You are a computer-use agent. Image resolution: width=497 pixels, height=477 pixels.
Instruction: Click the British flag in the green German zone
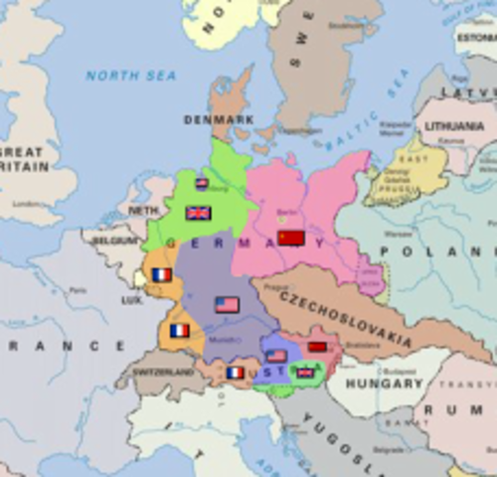coord(199,213)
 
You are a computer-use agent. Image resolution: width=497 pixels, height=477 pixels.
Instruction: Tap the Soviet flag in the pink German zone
coord(290,238)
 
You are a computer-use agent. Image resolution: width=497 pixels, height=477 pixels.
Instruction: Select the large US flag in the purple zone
coord(227,304)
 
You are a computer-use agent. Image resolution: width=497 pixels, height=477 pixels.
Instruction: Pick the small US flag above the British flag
coord(202,184)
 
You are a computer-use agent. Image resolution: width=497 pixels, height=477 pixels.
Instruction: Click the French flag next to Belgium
coord(161,275)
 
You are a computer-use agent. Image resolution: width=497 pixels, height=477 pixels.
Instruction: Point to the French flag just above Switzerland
coord(179,330)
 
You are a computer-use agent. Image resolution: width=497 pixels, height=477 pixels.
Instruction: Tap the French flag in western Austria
coord(235,373)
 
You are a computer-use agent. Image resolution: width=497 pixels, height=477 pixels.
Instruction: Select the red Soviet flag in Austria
coord(317,347)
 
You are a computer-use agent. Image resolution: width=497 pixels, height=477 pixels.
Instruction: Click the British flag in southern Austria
coord(305,373)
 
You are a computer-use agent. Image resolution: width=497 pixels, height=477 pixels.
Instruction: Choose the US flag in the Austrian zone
coord(277,356)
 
